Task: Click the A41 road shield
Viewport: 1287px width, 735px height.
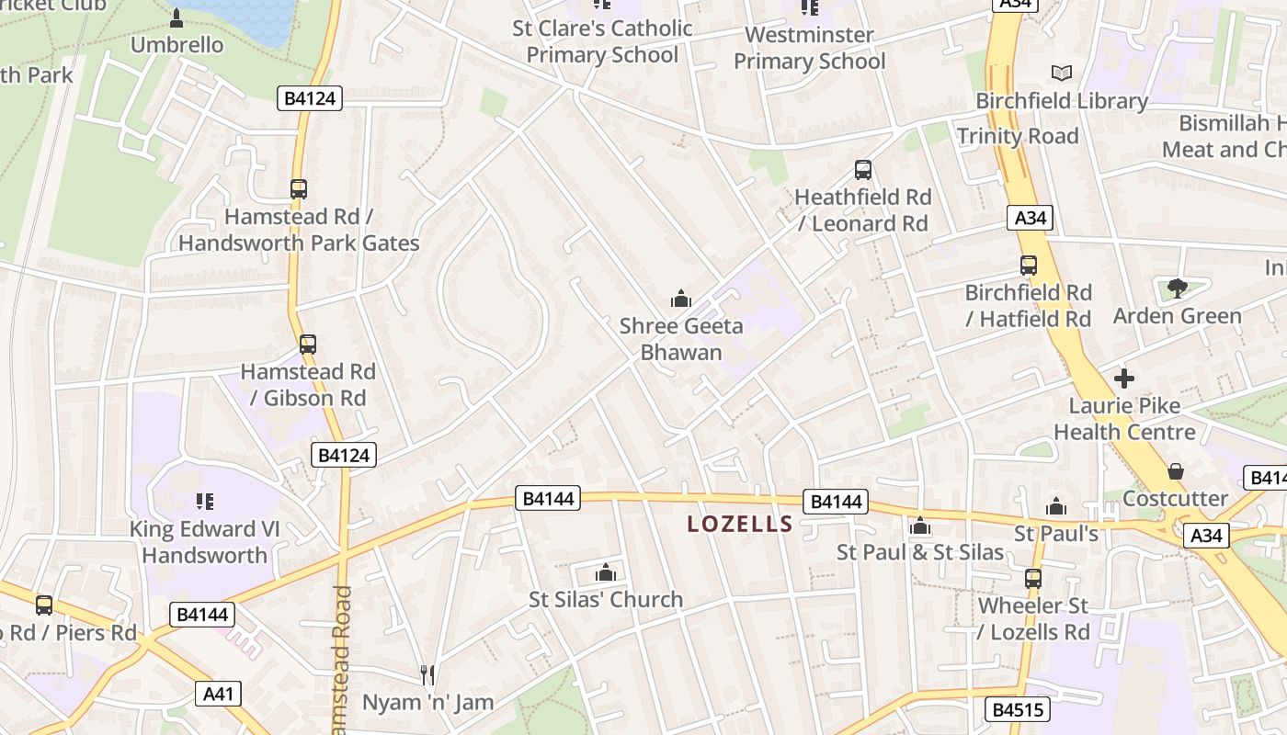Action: [218, 694]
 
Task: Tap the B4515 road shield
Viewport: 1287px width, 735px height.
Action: [1017, 709]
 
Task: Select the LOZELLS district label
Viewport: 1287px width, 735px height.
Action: [740, 525]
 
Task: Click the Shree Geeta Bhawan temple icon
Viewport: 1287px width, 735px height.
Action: [681, 299]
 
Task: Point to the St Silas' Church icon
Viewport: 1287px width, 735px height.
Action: [605, 572]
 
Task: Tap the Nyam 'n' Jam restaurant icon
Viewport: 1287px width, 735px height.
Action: [427, 675]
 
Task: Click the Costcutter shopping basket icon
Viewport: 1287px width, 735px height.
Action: [1175, 471]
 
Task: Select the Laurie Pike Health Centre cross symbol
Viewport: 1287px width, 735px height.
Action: [1123, 378]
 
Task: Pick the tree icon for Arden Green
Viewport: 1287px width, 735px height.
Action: [1177, 288]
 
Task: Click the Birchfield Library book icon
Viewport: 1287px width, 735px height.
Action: [1062, 73]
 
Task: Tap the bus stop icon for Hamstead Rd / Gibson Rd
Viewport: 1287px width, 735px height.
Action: [308, 345]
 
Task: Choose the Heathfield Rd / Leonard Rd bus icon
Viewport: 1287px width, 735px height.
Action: [862, 169]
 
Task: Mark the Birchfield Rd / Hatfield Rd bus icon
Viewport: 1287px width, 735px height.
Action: [1028, 266]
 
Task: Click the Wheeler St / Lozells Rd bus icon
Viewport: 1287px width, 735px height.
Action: [1033, 578]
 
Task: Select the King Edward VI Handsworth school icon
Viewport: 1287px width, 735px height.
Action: [205, 501]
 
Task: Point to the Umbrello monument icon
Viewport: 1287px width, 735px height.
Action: [177, 17]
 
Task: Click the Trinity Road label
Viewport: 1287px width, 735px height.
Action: [1017, 136]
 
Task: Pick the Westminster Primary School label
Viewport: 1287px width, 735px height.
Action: [809, 48]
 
